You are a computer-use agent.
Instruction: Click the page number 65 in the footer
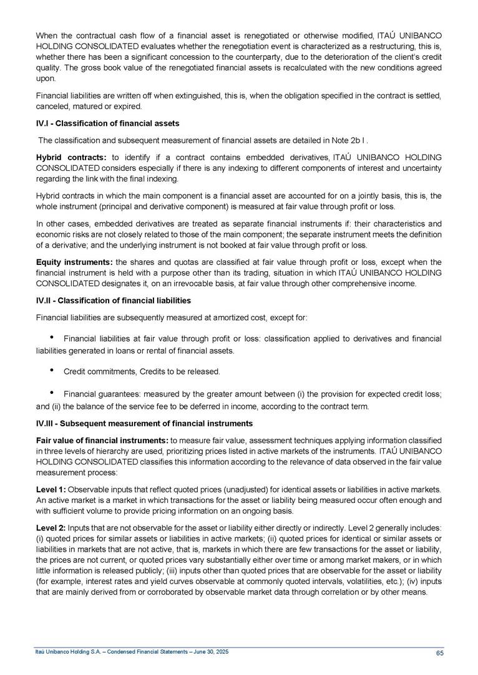pyautogui.click(x=440, y=653)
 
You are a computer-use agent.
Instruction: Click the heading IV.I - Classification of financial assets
pyautogui.click(x=108, y=123)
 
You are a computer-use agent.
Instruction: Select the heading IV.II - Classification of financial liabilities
pyautogui.click(x=114, y=300)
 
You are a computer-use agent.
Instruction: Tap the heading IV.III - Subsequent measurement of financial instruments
pyautogui.click(x=144, y=424)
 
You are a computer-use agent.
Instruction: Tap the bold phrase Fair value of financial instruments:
pyautogui.click(x=102, y=439)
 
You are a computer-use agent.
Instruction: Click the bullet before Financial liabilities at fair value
pyautogui.click(x=51, y=337)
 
